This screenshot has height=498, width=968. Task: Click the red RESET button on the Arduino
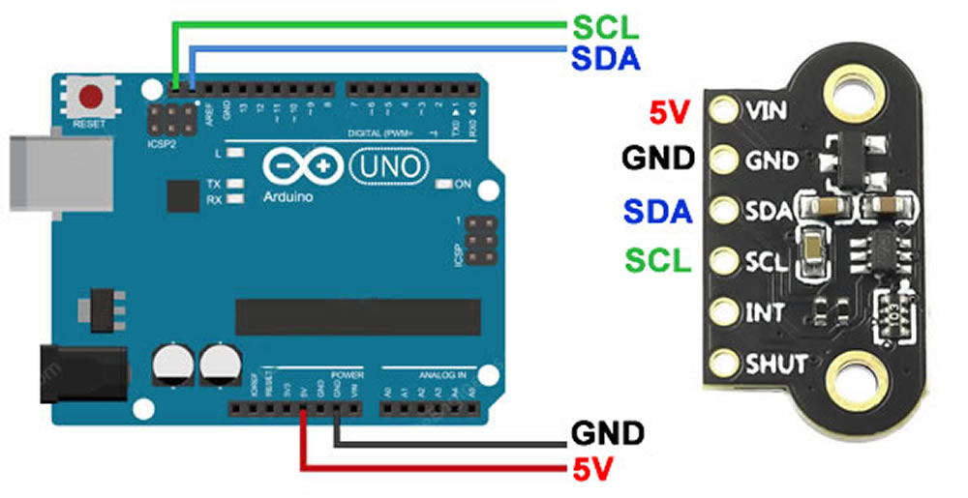[93, 97]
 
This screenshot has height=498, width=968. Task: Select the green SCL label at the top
[605, 27]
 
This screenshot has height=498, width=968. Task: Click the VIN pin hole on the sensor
[722, 109]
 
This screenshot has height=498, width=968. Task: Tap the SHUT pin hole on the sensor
[722, 365]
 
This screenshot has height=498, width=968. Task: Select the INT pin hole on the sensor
[722, 313]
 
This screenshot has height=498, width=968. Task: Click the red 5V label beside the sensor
[669, 114]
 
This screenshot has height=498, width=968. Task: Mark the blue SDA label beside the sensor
[658, 210]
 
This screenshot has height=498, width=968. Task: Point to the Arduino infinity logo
[300, 167]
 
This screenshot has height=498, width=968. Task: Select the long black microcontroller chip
[358, 316]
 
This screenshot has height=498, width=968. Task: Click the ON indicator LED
[444, 184]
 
